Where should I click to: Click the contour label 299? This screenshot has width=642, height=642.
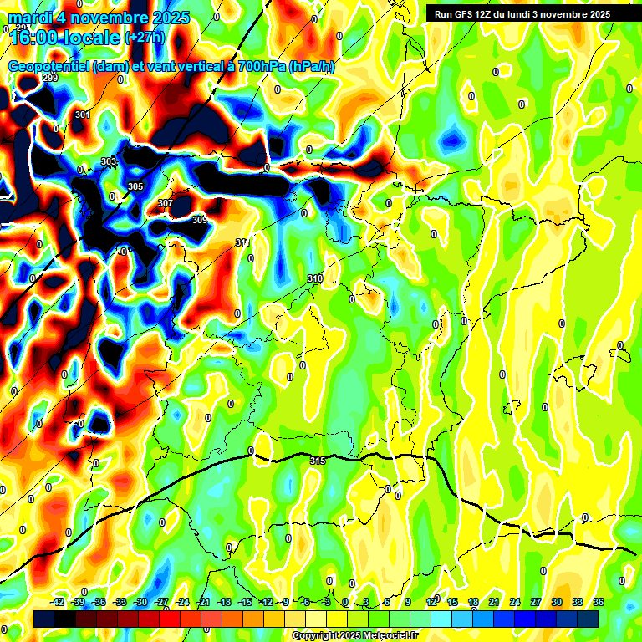click(49, 79)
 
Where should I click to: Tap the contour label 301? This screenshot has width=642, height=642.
click(82, 115)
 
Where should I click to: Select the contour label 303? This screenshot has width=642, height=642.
click(109, 162)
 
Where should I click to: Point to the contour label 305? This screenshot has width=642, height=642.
click(135, 186)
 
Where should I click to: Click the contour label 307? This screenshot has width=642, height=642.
click(166, 203)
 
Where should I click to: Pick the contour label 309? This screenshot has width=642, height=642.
click(199, 220)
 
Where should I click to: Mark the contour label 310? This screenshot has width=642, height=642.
click(315, 278)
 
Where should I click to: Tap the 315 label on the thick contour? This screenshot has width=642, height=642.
click(318, 461)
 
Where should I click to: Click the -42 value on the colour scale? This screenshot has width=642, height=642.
click(58, 602)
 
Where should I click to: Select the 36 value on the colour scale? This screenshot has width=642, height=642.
click(599, 602)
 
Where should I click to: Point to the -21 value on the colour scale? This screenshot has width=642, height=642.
click(202, 602)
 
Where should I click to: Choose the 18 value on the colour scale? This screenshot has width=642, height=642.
click(473, 602)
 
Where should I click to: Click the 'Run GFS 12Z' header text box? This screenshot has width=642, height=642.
click(522, 14)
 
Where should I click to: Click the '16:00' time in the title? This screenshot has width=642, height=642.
click(34, 38)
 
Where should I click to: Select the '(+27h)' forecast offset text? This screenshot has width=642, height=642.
click(145, 38)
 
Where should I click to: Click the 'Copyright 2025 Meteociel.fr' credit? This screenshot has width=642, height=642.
click(354, 635)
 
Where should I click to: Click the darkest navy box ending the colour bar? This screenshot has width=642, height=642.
click(588, 619)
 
